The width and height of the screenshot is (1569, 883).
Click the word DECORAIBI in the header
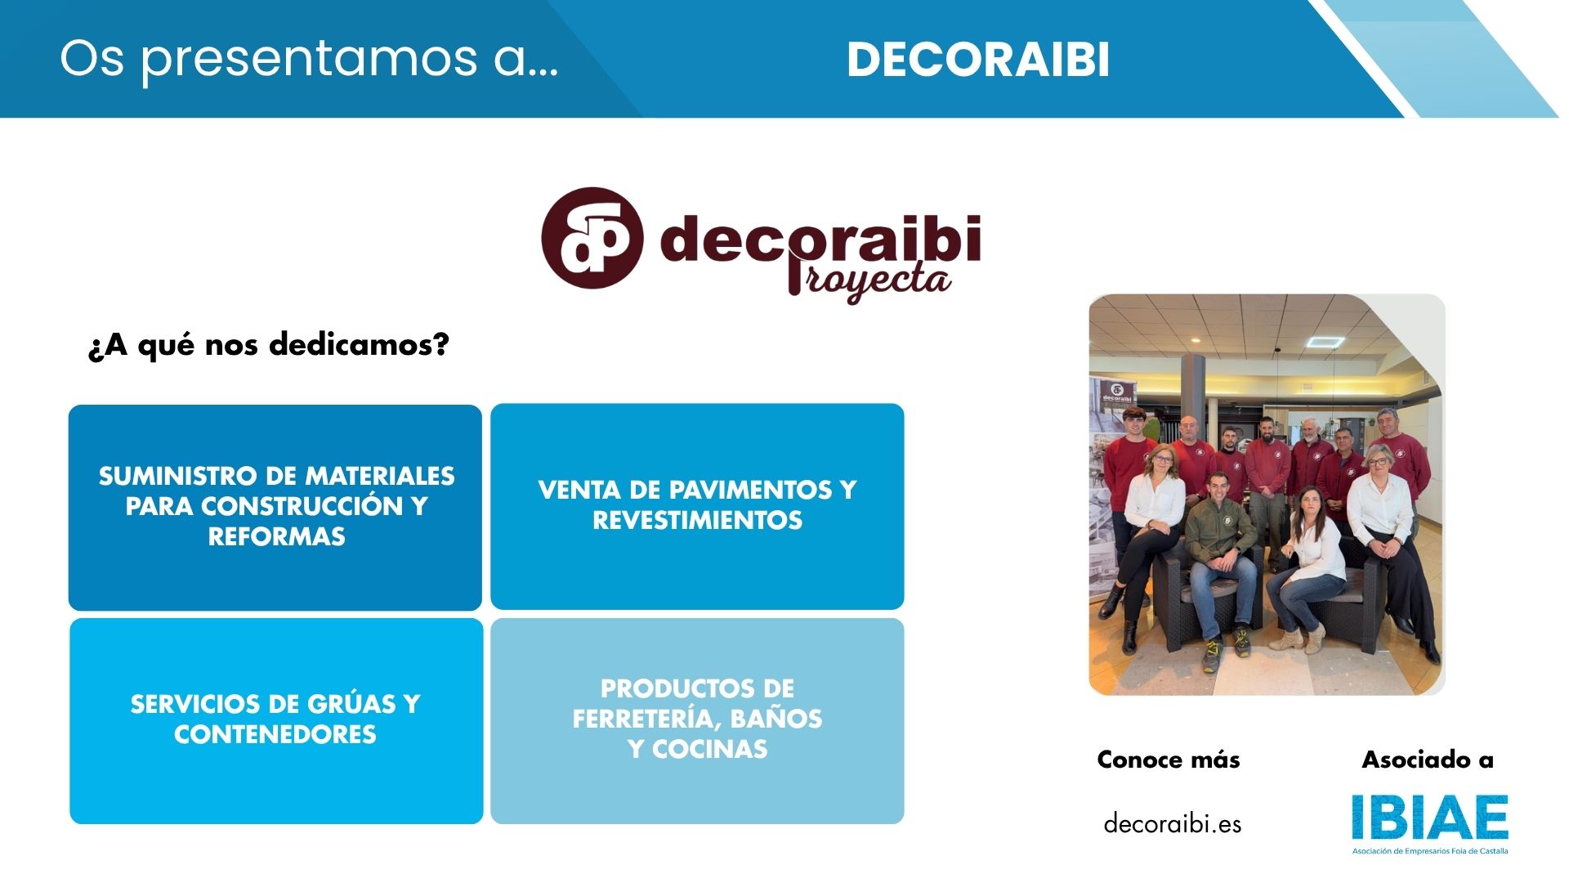pyautogui.click(x=978, y=60)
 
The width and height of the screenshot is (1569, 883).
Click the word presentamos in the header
pyautogui.click(x=309, y=60)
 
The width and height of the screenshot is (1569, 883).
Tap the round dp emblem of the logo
pyautogui.click(x=592, y=238)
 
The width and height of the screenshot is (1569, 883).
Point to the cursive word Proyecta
pyautogui.click(x=869, y=280)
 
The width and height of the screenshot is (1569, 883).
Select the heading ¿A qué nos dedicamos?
pyautogui.click(x=268, y=345)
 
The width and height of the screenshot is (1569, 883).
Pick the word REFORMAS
pyautogui.click(x=276, y=536)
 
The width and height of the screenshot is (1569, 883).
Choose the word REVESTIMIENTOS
pyautogui.click(x=697, y=520)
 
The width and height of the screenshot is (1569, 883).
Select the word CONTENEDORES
pyautogui.click(x=275, y=734)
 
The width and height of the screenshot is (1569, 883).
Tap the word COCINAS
pyautogui.click(x=709, y=749)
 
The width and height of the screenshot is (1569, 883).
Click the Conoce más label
pyautogui.click(x=1168, y=760)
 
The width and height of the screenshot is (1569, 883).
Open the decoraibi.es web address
pyautogui.click(x=1172, y=823)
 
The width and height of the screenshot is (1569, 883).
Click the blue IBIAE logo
pyautogui.click(x=1429, y=818)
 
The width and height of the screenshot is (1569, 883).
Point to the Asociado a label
pyautogui.click(x=1427, y=760)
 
